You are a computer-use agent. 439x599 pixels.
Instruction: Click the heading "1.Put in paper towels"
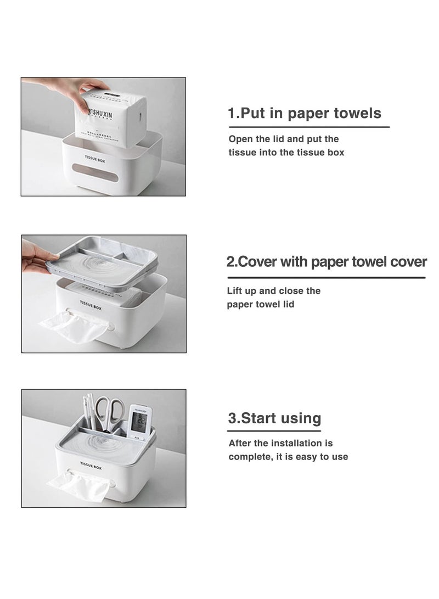(x=305, y=114)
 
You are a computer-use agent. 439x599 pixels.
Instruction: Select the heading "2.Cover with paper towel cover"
(x=327, y=262)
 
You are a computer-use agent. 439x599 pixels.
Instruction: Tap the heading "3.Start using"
(x=274, y=418)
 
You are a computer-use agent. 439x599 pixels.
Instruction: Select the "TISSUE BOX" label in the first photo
(x=94, y=159)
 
